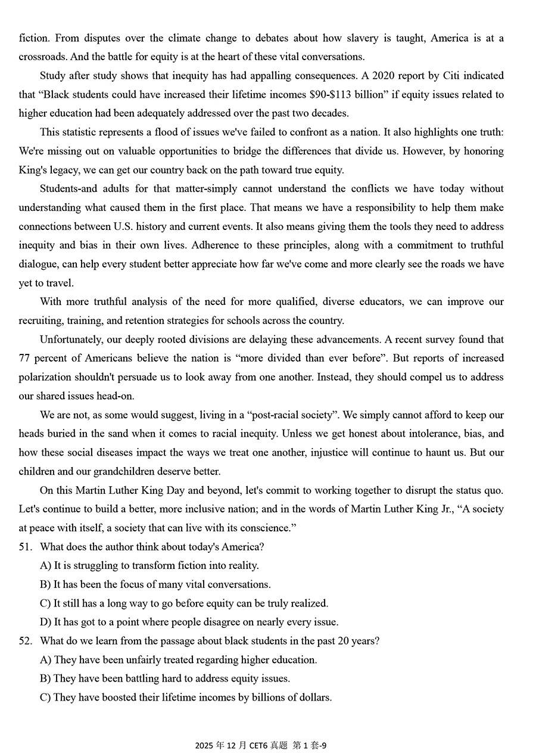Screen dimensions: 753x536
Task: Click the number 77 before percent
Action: coord(25,358)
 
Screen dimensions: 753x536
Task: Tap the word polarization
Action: coord(48,377)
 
